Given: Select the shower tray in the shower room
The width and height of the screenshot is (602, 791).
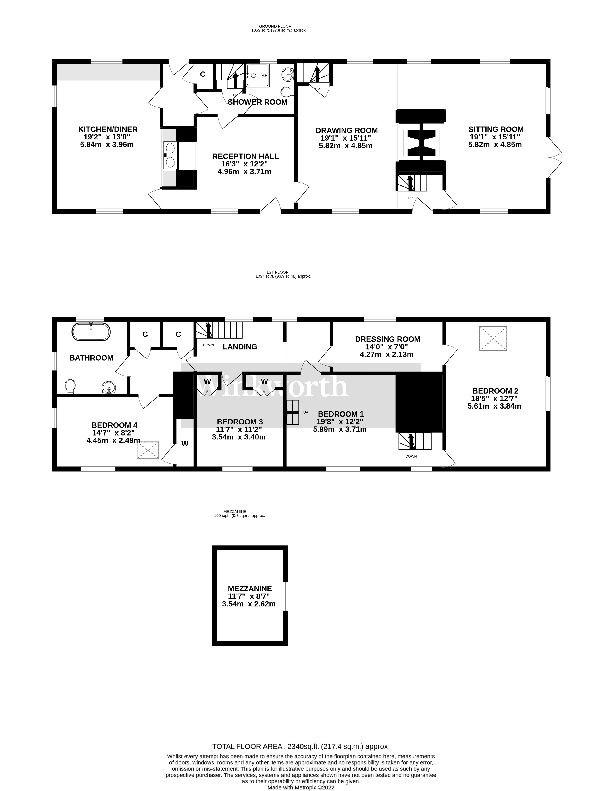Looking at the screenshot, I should (x=257, y=76).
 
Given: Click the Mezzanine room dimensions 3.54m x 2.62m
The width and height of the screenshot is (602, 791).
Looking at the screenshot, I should (x=249, y=604).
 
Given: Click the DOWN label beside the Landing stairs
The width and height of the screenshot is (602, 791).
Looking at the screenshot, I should (x=208, y=345).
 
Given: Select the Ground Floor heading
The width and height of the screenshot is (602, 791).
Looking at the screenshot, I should (x=275, y=26).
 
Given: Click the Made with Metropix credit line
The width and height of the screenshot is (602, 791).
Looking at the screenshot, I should (x=301, y=788).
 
